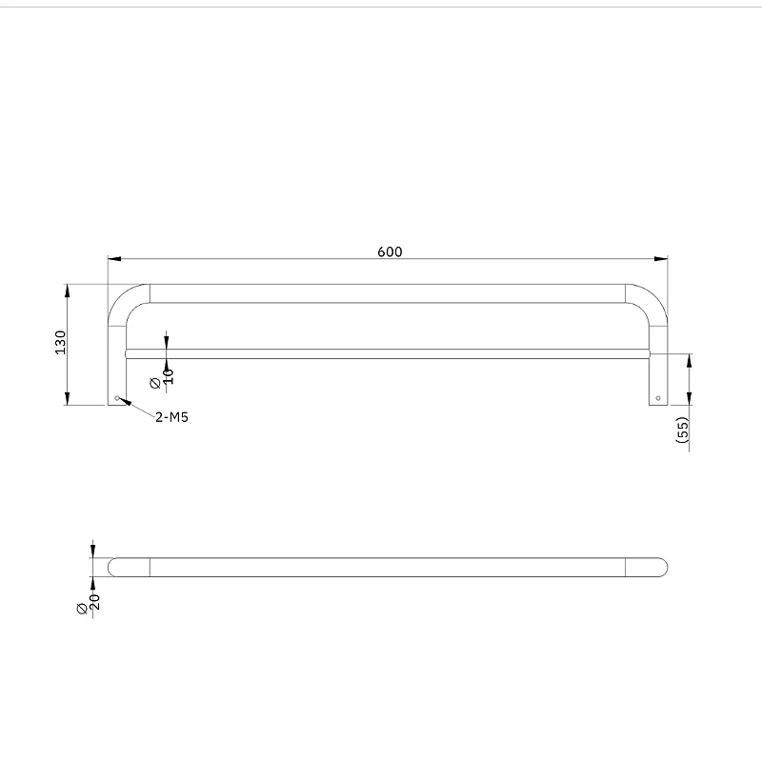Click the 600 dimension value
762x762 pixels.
pos(390,251)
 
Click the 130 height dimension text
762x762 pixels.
pos(60,343)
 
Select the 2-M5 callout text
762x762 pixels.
pos(171,417)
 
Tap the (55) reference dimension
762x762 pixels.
pos(682,430)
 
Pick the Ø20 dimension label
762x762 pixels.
pos(89,603)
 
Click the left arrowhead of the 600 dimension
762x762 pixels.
pos(114,259)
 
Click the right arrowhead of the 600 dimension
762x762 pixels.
pos(661,259)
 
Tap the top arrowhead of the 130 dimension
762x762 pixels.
pos(68,291)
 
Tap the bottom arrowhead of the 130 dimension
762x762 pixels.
pos(68,398)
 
